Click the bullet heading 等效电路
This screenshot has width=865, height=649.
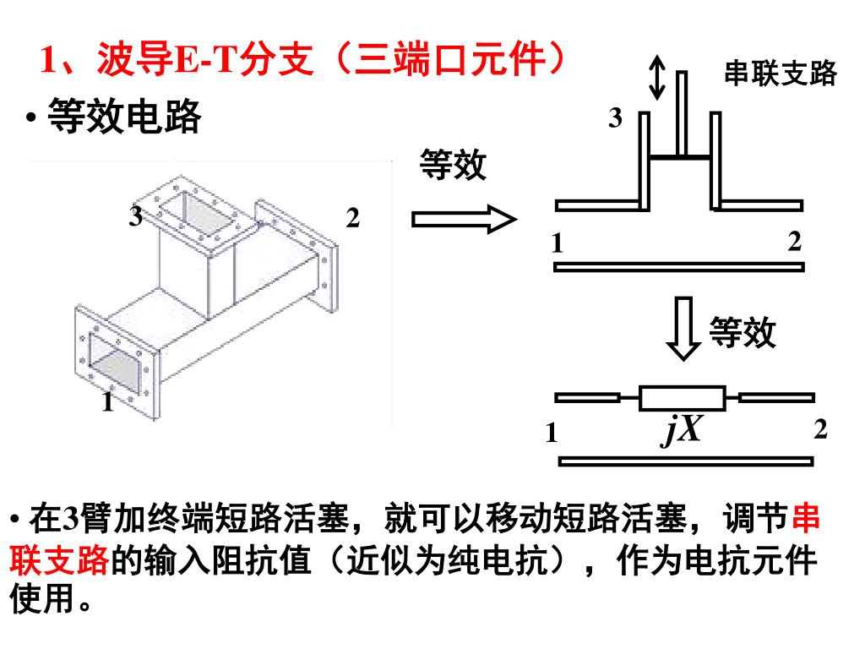124,117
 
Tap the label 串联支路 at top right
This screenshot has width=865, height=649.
780,74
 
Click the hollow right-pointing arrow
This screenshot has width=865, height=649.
463,221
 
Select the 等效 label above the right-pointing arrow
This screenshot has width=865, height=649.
453,165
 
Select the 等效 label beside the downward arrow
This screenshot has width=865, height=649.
742,332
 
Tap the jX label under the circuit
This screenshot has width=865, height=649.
681,431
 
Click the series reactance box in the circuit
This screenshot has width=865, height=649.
682,397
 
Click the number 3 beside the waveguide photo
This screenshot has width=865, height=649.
135,217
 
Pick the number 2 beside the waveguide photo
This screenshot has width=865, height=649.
353,218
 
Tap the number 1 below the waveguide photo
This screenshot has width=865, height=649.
107,403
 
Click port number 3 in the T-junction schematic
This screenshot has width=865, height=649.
616,118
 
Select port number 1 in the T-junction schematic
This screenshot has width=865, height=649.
558,244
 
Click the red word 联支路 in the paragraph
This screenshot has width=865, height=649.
59,559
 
